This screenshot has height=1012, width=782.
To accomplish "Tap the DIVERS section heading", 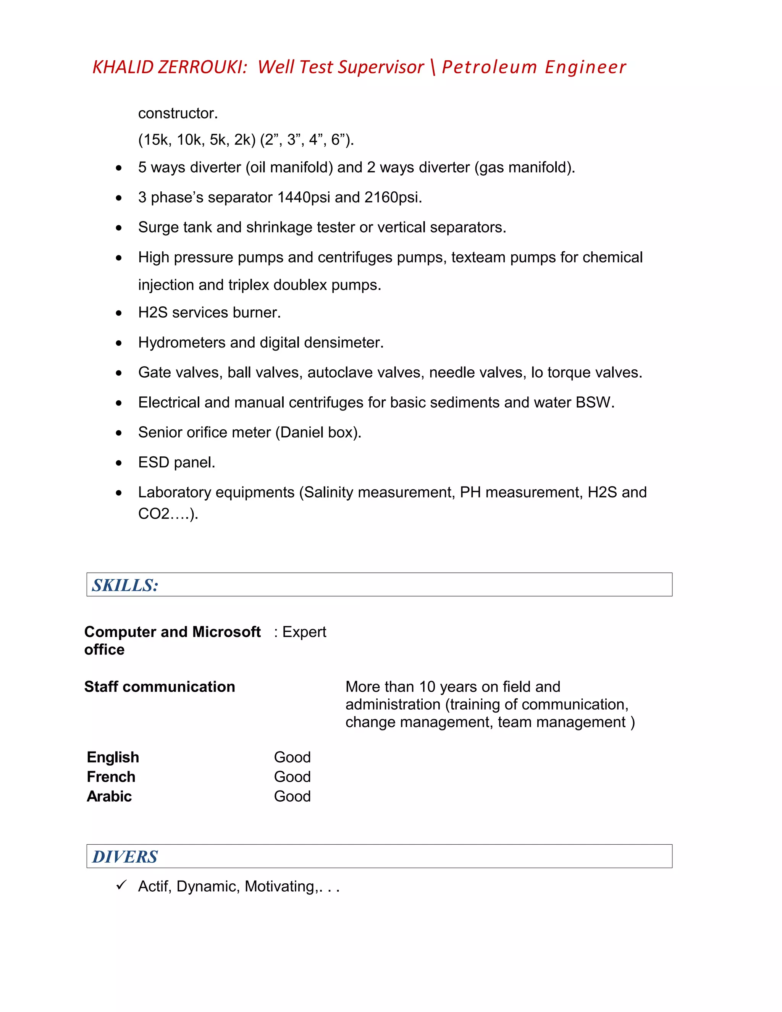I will click(125, 857).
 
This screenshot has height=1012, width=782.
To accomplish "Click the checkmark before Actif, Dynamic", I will click(121, 885).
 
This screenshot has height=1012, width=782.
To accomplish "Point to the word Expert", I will click(304, 632).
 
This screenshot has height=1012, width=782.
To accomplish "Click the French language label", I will click(111, 777).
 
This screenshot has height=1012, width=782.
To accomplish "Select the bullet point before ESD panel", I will click(119, 463).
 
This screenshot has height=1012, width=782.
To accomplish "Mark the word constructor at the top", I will click(178, 113).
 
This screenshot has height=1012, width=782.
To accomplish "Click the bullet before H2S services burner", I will click(119, 313).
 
